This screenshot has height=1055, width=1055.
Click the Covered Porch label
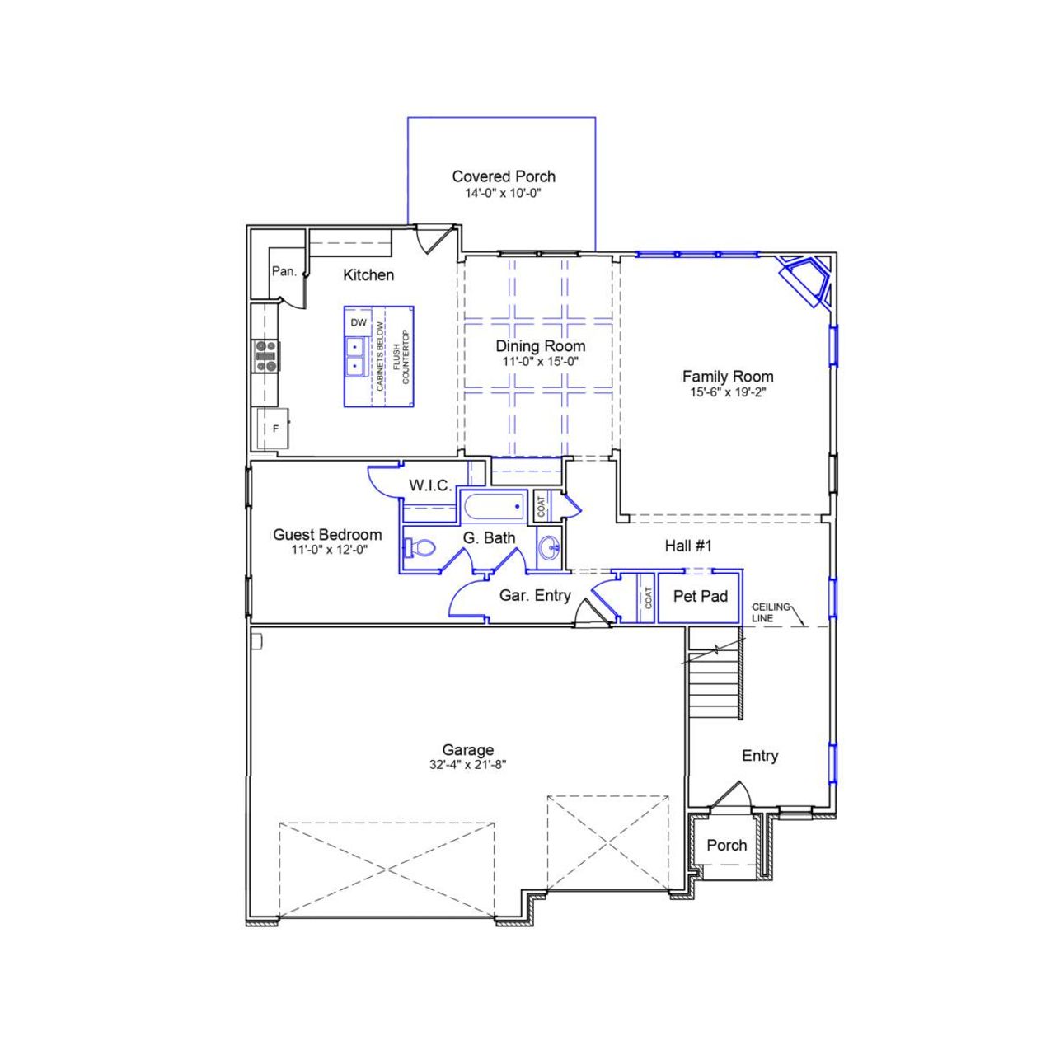pos(503,176)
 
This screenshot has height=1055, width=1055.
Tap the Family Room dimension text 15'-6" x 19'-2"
pos(728,393)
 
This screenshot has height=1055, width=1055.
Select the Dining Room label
pos(540,346)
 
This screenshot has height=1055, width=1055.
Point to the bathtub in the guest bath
pos(492,506)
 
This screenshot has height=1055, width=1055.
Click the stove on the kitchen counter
pos(265,355)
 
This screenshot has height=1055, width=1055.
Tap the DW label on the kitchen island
pos(359,323)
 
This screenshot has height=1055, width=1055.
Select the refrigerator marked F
pos(272,429)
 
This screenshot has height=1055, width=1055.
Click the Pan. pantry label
pos(284,271)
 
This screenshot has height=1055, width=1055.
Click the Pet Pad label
pos(700,596)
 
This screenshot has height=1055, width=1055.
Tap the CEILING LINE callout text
pos(770,612)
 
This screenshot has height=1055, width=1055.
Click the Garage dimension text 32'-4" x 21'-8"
pos(467,765)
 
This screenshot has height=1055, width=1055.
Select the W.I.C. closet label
pos(429,485)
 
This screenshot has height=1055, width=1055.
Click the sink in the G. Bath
pos(550,546)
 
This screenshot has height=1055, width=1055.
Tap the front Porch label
pos(726,846)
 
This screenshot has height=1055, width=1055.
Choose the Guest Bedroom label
pos(327,535)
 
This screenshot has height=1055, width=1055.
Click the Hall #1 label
pos(687,546)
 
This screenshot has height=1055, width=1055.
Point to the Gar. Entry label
pos(535,596)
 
